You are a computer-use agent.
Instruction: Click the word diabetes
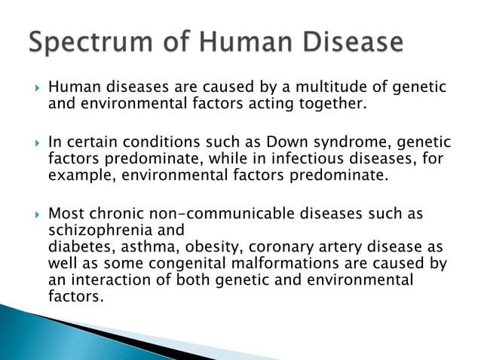[76, 248]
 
